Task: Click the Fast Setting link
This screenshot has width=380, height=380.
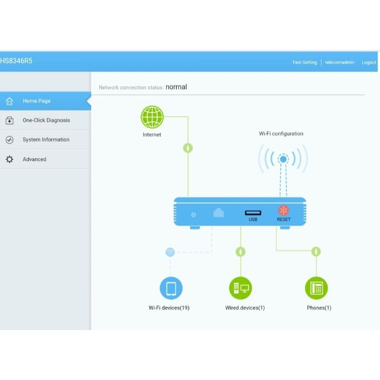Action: point(304,62)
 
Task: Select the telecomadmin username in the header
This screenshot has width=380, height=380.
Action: point(340,62)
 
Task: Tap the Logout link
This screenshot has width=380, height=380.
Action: point(369,62)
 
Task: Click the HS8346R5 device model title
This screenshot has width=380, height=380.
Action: point(17,61)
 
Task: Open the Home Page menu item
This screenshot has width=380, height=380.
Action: point(37,101)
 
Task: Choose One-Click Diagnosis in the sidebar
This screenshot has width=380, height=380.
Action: point(46,120)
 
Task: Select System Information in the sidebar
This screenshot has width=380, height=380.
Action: point(46,140)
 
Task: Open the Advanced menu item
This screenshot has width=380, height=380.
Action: point(35,159)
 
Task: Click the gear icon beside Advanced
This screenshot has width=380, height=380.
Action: point(9,159)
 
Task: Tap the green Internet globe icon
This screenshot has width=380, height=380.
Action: point(152,117)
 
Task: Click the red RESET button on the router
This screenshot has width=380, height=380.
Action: point(284,210)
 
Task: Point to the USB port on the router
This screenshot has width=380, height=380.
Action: point(253,212)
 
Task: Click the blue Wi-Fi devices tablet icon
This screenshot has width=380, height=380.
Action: point(171,288)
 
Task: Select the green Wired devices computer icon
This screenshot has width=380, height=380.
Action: point(240,288)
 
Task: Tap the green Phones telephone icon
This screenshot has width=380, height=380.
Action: point(316,288)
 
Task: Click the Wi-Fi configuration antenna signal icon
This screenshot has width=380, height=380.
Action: point(283,159)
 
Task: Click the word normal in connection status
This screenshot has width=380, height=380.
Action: point(176,87)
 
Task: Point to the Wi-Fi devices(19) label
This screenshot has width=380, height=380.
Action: point(169,308)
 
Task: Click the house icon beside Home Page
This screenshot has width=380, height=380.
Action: point(9,101)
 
